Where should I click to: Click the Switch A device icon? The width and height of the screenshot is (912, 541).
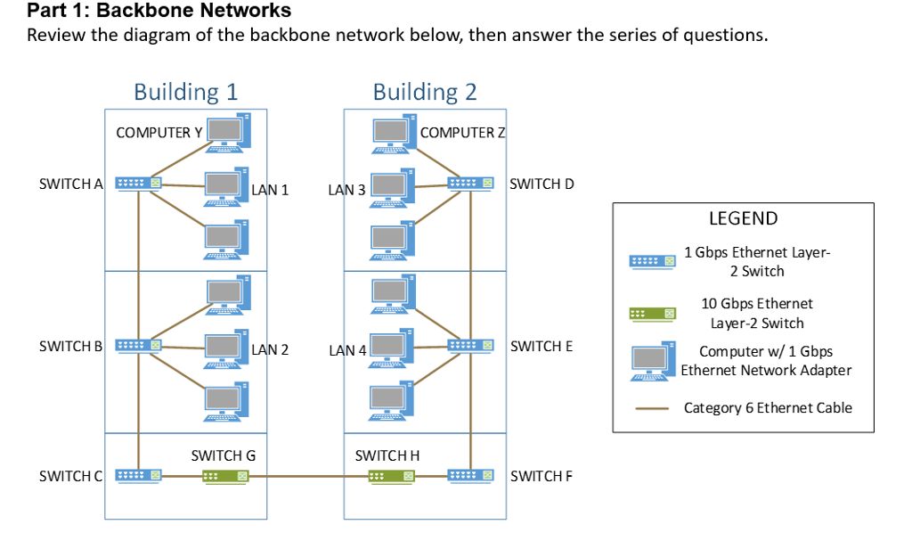coord(138,184)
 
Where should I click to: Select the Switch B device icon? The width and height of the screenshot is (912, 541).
coord(138,345)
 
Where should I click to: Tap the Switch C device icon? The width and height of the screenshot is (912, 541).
coord(138,476)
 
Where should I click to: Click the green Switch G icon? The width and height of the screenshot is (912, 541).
coord(223,476)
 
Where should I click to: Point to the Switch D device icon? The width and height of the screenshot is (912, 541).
coord(470,184)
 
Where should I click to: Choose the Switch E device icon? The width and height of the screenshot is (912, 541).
coord(470,345)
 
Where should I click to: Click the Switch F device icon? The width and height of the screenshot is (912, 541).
coord(470,476)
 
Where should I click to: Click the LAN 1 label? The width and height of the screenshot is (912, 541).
coord(270,190)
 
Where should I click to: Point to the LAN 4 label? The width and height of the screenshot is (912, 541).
coord(347,350)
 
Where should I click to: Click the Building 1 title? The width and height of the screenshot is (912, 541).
coord(185,92)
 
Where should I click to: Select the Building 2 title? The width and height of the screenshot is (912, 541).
coord(425,92)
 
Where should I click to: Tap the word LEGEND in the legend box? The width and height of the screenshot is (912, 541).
coord(743,218)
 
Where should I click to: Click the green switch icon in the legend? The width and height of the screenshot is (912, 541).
coord(652,314)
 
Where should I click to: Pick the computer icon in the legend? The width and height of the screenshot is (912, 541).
coord(652,360)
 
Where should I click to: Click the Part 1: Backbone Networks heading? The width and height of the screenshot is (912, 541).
coord(159,12)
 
